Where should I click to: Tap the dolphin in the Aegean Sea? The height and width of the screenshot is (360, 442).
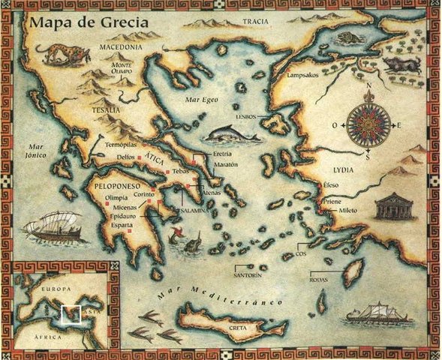(x=227, y=133)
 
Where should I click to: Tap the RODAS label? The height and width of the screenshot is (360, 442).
(x=318, y=280)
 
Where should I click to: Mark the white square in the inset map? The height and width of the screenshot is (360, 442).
(x=71, y=314)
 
